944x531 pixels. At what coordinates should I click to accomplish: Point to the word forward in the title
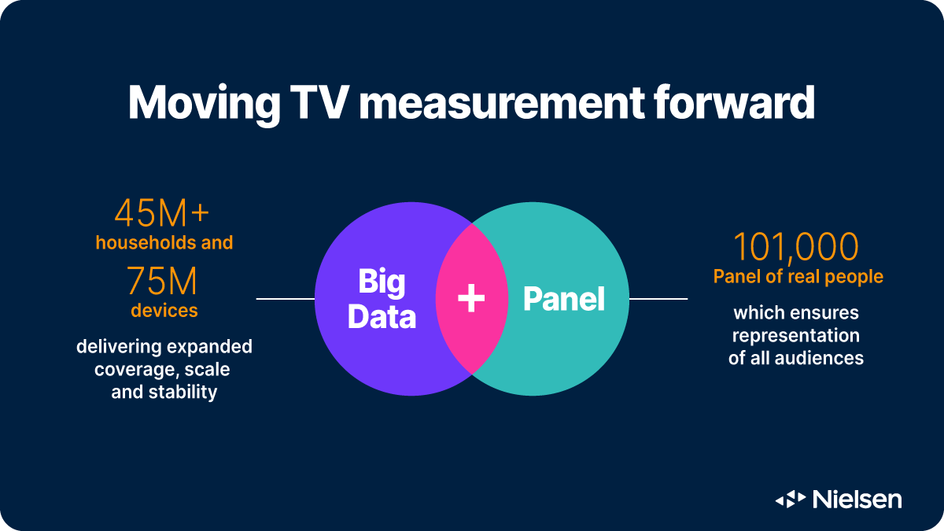pos(745,102)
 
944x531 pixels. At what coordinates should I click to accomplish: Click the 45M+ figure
pos(163,213)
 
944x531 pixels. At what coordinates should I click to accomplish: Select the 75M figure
pos(163,281)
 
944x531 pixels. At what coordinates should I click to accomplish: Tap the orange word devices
pos(164,311)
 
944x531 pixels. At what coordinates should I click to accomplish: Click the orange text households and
pos(164,242)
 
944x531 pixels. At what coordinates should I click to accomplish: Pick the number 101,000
pos(796,247)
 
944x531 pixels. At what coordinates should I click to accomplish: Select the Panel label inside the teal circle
pos(564,299)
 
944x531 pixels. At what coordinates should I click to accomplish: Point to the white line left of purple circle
pos(285,299)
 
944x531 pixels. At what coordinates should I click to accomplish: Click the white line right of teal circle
pos(658,299)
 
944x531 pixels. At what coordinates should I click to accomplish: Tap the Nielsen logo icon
pos(791,499)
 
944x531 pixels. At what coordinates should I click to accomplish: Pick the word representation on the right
pos(796,335)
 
